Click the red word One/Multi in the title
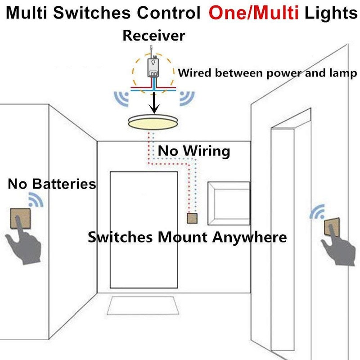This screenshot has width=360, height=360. pos(253,14)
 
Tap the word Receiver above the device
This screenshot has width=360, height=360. pos(153,36)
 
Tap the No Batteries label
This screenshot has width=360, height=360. pos(52,184)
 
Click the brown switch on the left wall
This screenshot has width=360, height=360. pos(19,220)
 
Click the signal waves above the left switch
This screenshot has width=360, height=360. pos(36,199)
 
